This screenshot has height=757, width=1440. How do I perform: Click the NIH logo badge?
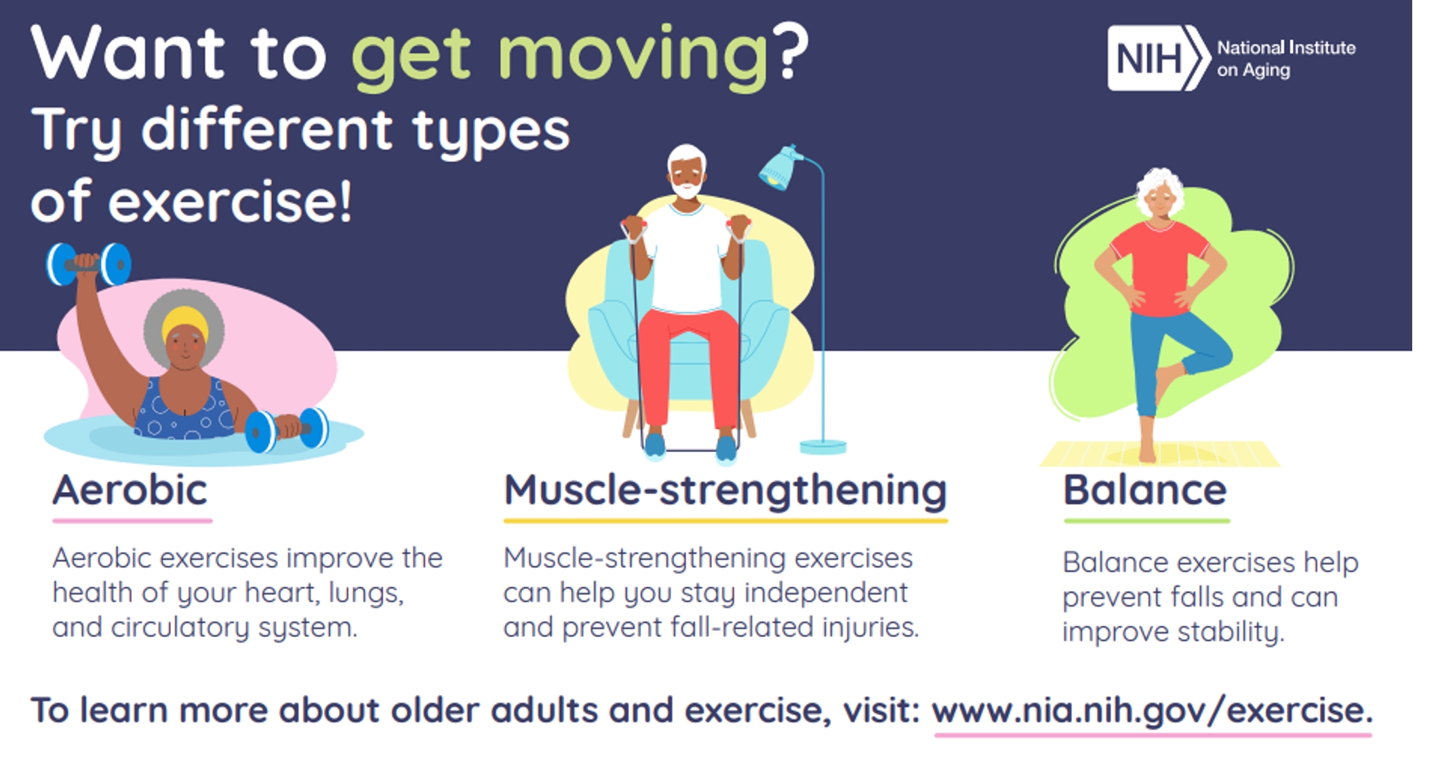point(1159,58)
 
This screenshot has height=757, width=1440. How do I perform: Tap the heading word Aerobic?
point(130,490)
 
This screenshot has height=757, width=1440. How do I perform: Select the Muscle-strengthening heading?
point(725,491)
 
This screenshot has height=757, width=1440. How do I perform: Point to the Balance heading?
point(1145,490)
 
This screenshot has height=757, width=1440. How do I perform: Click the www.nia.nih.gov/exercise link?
point(1152,711)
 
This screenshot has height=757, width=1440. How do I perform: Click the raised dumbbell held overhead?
point(89,264)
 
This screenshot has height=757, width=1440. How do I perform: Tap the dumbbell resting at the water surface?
point(287,430)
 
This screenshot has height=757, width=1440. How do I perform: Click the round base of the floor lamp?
point(823,447)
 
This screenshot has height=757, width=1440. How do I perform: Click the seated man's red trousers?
point(688,366)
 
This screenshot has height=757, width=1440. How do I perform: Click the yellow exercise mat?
point(1159,453)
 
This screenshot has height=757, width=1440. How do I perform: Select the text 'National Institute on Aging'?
point(1286,58)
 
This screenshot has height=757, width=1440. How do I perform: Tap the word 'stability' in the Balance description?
point(1230,632)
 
